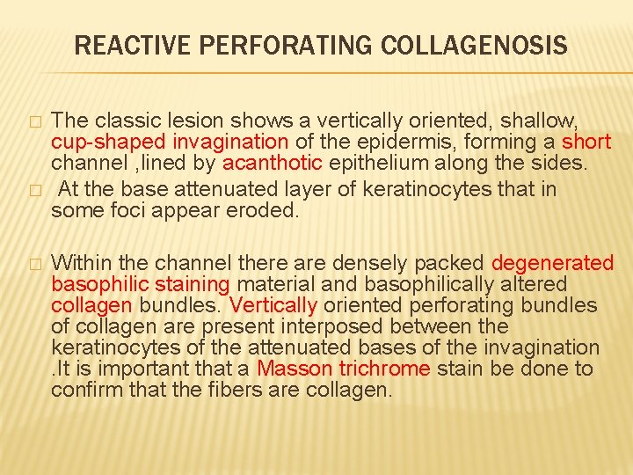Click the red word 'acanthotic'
[264, 164]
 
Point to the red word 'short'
[586, 142]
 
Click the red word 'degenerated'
[552, 263]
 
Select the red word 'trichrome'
[377, 369]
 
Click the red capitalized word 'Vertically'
[273, 305]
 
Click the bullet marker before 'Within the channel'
[33, 264]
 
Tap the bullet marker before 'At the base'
[33, 189]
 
